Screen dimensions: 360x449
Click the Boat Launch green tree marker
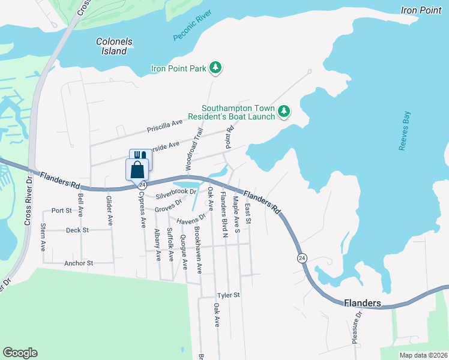click(x=284, y=111)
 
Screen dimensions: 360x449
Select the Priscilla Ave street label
click(x=164, y=126)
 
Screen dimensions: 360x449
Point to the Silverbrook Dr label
click(x=176, y=194)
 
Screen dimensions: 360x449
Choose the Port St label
click(x=61, y=211)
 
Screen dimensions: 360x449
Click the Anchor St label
click(x=79, y=263)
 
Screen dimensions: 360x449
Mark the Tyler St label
click(x=228, y=295)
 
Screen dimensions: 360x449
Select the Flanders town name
click(x=363, y=304)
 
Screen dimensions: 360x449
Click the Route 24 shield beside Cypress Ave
click(x=142, y=185)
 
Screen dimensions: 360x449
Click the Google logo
click(x=20, y=353)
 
